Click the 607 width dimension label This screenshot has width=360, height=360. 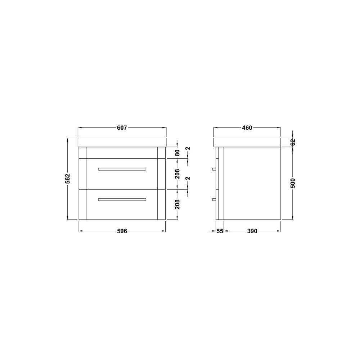pos(122,128)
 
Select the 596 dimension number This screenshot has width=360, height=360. pos(122,231)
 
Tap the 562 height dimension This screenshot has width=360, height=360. pos(68,179)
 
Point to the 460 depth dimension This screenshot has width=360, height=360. pos(247,128)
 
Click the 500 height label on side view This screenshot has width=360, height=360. pos(293,183)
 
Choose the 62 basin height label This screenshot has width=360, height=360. pos(293,142)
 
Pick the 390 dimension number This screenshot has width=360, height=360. pos(252,231)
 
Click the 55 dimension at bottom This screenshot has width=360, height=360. pos(220,231)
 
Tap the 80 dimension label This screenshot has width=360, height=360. pos(177,153)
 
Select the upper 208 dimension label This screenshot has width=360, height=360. pos(177,174)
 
